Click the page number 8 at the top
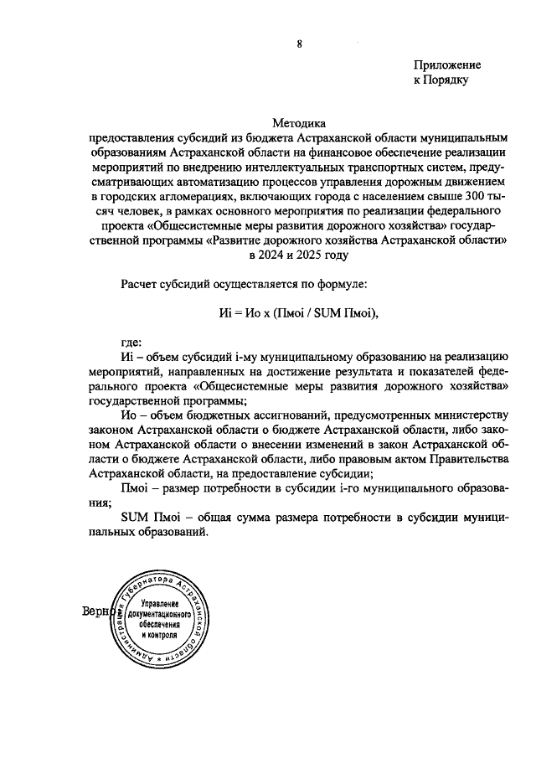[299, 44]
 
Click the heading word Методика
[298, 123]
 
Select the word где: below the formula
[132, 343]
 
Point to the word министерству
[468, 415]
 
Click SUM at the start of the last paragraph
[136, 517]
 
